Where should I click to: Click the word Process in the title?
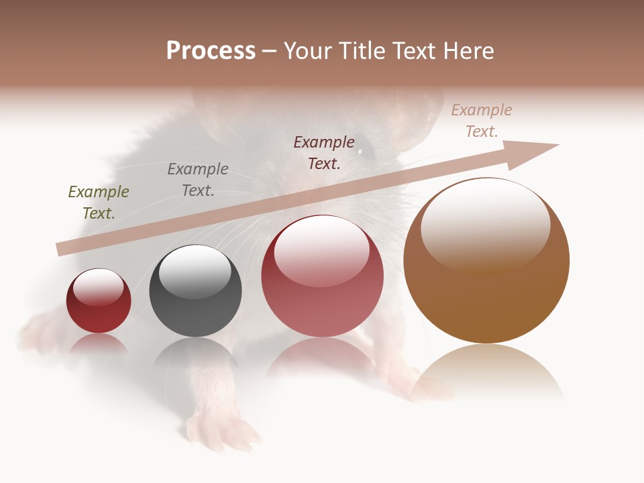211,51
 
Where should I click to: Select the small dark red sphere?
99,301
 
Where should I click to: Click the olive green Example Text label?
99,203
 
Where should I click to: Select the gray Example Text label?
198,180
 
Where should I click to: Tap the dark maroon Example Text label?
324,153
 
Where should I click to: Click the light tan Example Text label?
482,121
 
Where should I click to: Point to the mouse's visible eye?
360,152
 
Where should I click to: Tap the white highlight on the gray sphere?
195,270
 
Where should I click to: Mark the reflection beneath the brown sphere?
486,372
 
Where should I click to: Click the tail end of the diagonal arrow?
62,250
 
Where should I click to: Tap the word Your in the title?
310,51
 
